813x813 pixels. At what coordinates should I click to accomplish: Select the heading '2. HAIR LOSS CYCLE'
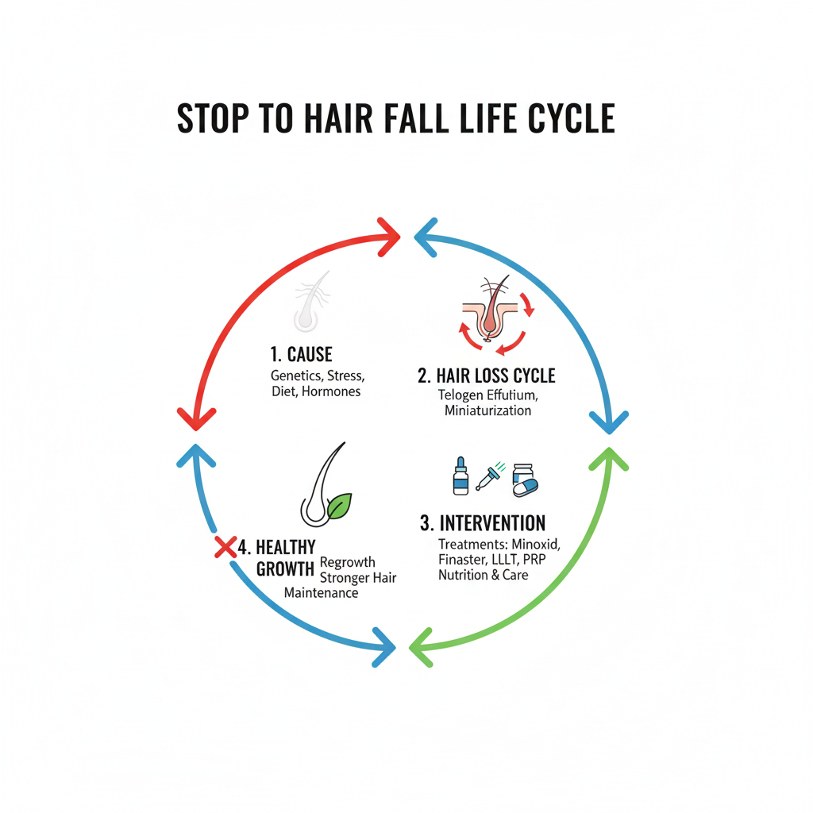tap(487, 376)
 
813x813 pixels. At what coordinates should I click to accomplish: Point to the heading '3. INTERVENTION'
tap(483, 523)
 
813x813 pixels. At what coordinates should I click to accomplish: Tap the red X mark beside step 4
tap(226, 547)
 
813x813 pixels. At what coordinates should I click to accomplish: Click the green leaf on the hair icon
tap(341, 506)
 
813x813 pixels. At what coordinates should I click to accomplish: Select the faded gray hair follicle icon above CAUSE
tap(310, 301)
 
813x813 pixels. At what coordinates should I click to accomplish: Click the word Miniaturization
tap(487, 410)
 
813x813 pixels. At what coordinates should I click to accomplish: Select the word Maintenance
tap(321, 592)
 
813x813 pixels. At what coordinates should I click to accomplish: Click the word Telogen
tap(462, 395)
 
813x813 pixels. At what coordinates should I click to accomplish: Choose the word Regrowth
tap(348, 562)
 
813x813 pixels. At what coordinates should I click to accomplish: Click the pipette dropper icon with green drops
tap(487, 478)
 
